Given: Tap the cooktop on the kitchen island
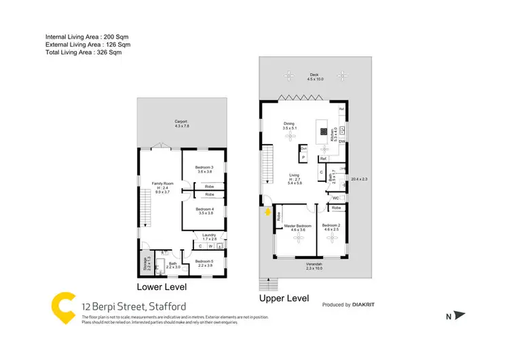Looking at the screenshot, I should coord(323,131).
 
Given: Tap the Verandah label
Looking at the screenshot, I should coord(314,265).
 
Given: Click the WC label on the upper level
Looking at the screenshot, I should coord(336,198).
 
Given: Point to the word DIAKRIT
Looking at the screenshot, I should coord(365,306).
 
